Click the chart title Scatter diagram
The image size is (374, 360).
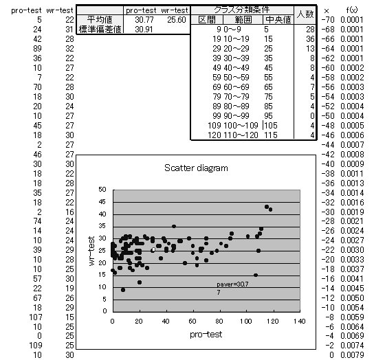[x=196, y=168]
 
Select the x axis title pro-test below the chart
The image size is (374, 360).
[x=206, y=335]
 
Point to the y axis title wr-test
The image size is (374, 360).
[x=91, y=251]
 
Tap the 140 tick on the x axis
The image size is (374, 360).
[x=299, y=321]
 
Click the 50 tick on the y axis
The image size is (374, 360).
[x=102, y=190]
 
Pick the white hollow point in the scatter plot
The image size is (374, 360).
[x=153, y=250]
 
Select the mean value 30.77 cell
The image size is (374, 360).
[x=144, y=19]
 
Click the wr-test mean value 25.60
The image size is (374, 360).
[x=176, y=19]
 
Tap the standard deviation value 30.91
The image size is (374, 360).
[x=144, y=30]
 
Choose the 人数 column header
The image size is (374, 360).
[x=305, y=14]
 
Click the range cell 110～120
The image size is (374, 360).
[x=241, y=135]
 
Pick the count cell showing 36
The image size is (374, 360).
[x=310, y=39]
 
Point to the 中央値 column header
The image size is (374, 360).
[x=278, y=19]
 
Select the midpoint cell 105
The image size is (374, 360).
[x=271, y=126]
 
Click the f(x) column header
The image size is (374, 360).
[x=352, y=10]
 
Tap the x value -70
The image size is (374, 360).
[x=328, y=19]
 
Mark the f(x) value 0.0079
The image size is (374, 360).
[x=352, y=355]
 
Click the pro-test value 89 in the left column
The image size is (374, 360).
[x=37, y=49]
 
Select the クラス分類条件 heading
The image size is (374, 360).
[x=241, y=10]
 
